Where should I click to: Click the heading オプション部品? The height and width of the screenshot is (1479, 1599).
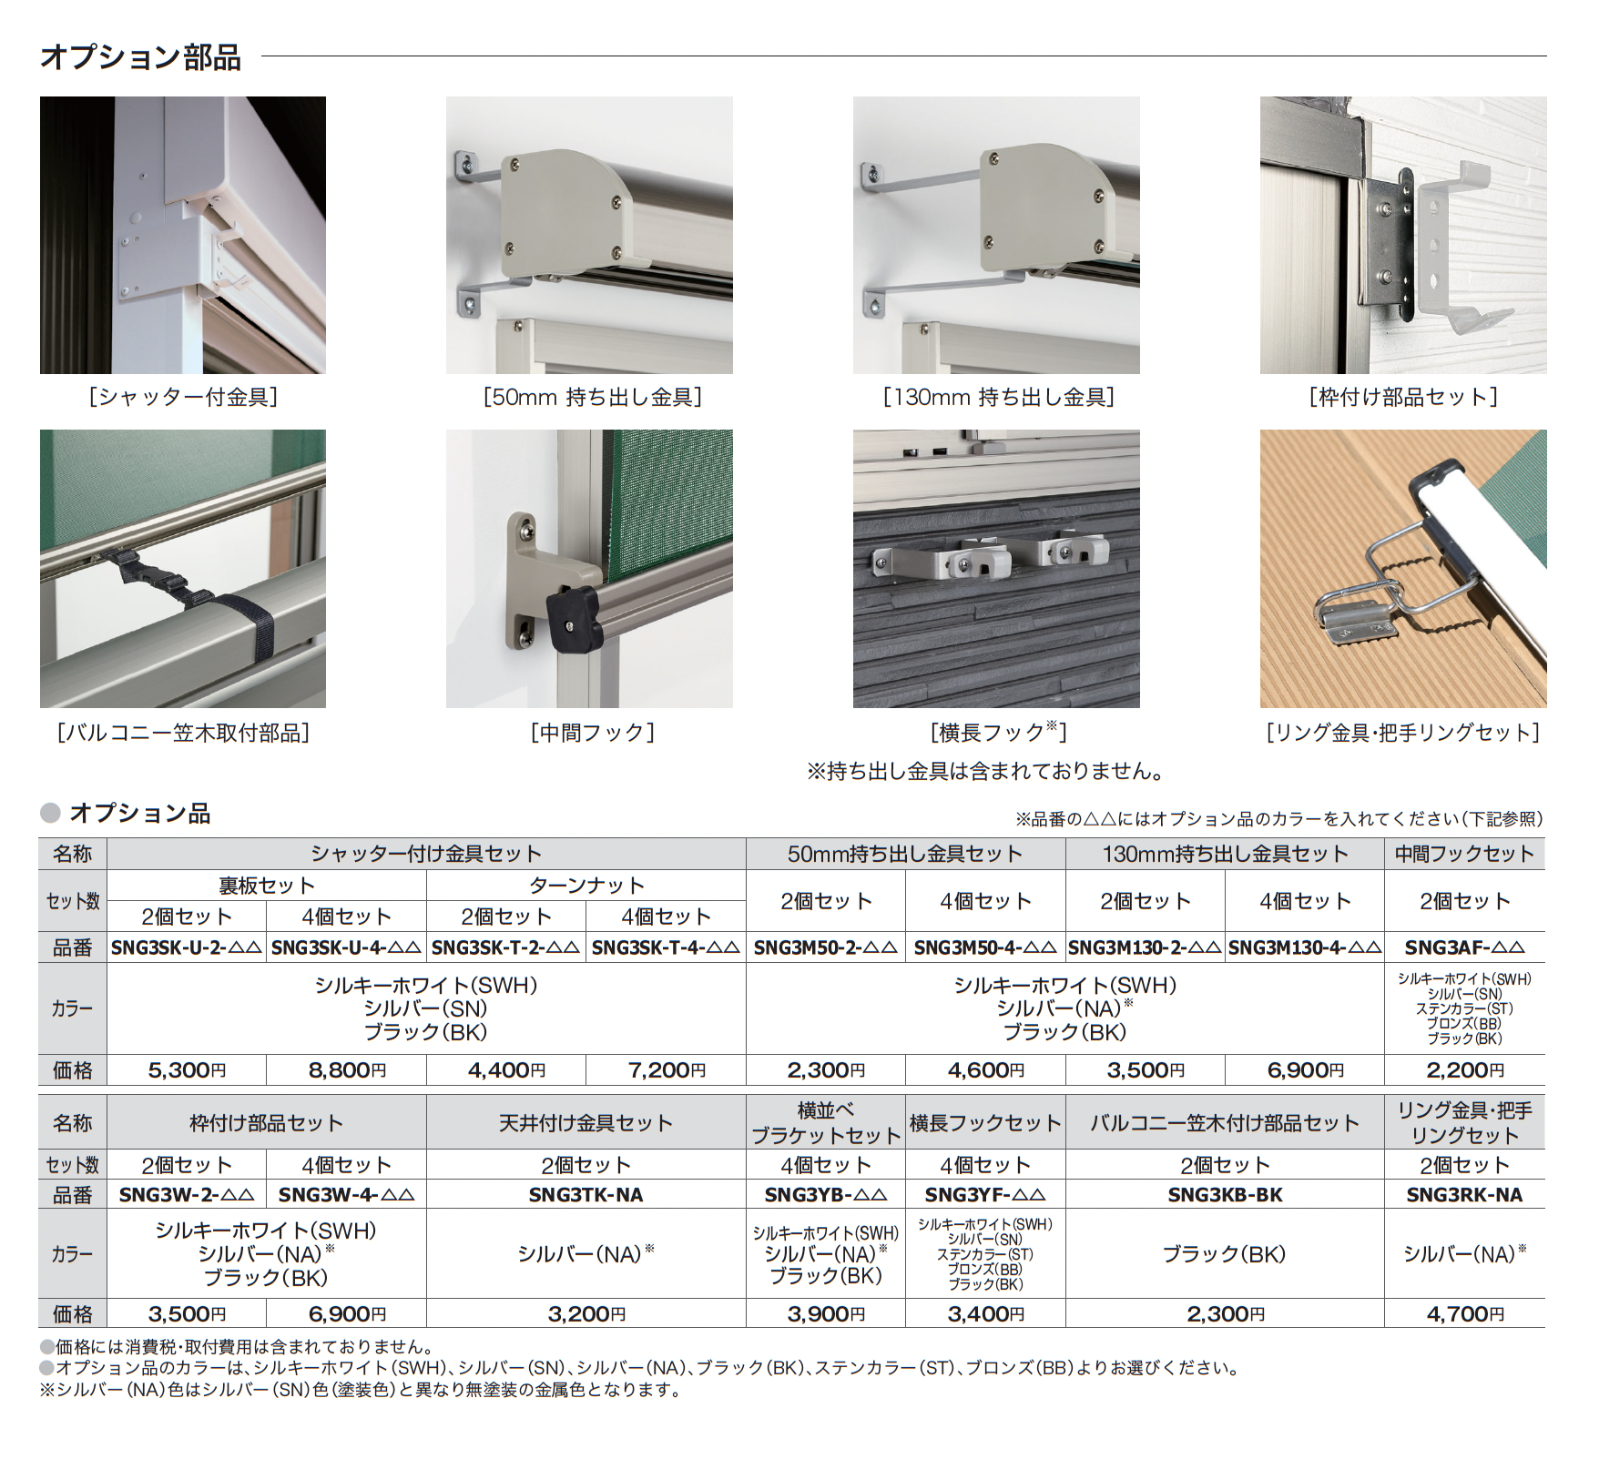pyautogui.click(x=141, y=56)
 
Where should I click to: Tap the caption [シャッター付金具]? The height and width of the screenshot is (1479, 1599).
pyautogui.click(x=183, y=397)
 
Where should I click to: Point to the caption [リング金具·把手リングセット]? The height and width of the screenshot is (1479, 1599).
pyautogui.click(x=1403, y=733)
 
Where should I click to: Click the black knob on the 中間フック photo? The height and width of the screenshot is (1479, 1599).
pyautogui.click(x=573, y=618)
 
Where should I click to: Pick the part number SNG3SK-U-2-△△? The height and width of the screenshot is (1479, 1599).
pyautogui.click(x=187, y=947)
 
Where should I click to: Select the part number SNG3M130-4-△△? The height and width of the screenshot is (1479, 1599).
pyautogui.click(x=1305, y=947)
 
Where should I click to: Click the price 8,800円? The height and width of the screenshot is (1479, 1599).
pyautogui.click(x=347, y=1070)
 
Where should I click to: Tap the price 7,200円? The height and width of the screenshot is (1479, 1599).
pyautogui.click(x=667, y=1070)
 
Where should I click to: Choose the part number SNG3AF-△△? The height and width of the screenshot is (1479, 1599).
pyautogui.click(x=1464, y=947)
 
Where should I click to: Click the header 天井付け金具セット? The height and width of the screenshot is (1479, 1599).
pyautogui.click(x=586, y=1123)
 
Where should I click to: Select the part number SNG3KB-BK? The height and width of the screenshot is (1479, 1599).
pyautogui.click(x=1225, y=1195)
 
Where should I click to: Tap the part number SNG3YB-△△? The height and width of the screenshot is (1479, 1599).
pyautogui.click(x=826, y=1195)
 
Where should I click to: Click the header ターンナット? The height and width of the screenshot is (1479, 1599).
pyautogui.click(x=586, y=886)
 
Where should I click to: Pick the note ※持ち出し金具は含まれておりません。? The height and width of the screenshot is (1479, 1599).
pyautogui.click(x=986, y=772)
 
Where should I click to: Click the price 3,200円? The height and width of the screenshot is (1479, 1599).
pyautogui.click(x=586, y=1314)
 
